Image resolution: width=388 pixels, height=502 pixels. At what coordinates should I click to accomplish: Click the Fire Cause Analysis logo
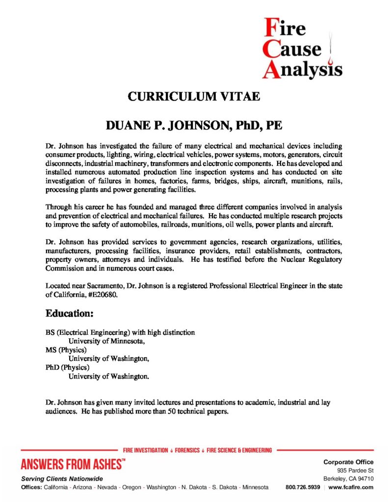pyautogui.click(x=301, y=48)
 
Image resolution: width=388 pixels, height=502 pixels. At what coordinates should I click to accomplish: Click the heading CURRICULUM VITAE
pyautogui.click(x=194, y=96)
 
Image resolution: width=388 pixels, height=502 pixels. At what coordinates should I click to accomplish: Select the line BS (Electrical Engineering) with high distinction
pyautogui.click(x=120, y=332)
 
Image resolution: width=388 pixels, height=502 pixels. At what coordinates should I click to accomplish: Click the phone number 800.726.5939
pyautogui.click(x=303, y=487)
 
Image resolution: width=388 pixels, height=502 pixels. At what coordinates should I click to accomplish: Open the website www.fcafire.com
pyautogui.click(x=351, y=487)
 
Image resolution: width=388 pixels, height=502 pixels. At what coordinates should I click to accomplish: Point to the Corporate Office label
pyautogui.click(x=348, y=462)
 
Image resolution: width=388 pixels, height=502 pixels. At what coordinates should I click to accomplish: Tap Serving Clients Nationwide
pyautogui.click(x=62, y=478)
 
